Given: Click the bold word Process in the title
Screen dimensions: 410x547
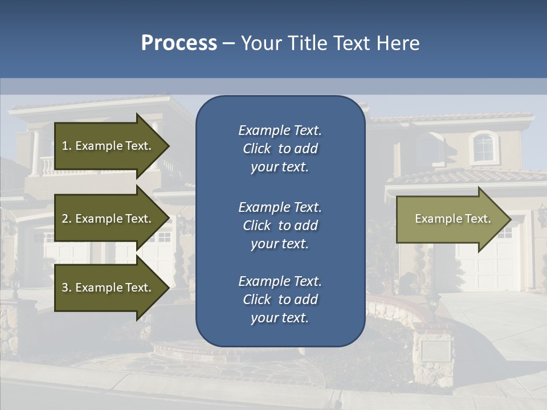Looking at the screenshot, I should pos(179,43).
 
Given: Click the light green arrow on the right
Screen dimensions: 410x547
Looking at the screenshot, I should pos(450,219).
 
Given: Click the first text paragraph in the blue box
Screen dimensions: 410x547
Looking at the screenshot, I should pos(280,149).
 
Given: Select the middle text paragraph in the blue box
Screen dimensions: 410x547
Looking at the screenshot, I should pos(280,225).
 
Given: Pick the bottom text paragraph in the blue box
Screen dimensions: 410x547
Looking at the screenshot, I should pos(280,300).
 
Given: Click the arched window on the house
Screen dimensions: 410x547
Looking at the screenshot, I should pos(483,147).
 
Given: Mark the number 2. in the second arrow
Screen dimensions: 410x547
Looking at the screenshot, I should pos(66,219).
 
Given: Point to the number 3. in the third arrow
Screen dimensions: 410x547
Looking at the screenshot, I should pos(66,288).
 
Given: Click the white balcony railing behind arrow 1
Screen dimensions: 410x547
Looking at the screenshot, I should pos(46,165).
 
